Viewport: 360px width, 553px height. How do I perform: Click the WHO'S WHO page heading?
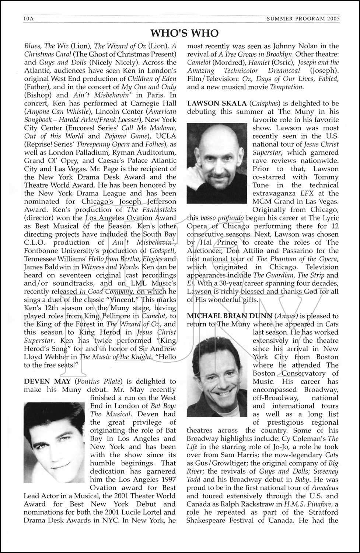tap(185, 33)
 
